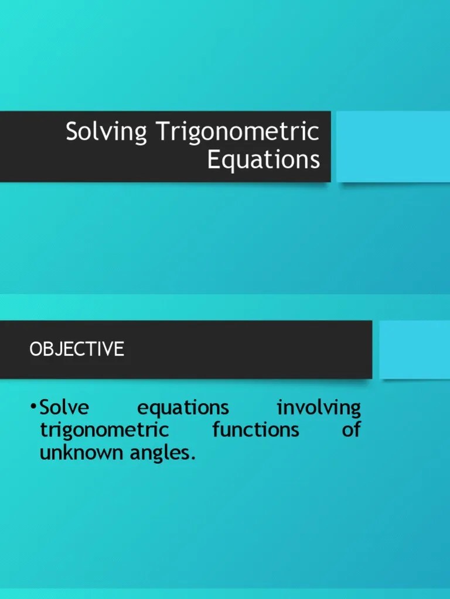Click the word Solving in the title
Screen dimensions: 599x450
coord(106,133)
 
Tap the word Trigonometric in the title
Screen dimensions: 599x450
coord(238,133)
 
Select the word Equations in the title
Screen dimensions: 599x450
coord(264,160)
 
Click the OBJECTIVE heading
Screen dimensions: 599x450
coord(77,349)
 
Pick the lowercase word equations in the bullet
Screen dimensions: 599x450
coord(183,408)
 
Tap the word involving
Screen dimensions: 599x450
coord(319,408)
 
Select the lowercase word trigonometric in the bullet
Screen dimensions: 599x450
coord(104,431)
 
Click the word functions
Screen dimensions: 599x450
coord(255,430)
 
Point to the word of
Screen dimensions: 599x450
coord(351,430)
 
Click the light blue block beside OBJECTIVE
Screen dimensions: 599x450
coord(414,349)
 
